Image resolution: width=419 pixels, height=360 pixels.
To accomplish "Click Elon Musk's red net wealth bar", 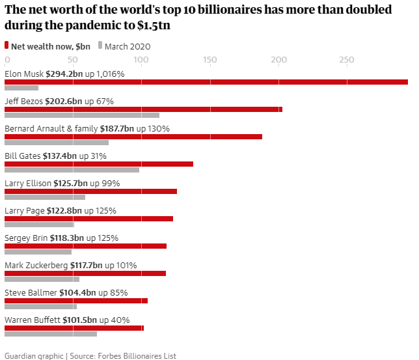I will tap(206, 82).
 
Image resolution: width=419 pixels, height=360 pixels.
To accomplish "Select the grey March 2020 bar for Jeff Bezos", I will tap(82, 115).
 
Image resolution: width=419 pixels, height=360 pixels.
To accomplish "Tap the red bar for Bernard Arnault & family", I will tap(133, 137).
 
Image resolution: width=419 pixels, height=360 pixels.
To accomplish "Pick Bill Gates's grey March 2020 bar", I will tap(72, 170).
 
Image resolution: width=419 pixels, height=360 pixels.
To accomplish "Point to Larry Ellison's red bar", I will tap(90, 191).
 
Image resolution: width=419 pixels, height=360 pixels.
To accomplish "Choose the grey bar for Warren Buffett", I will tap(51, 334).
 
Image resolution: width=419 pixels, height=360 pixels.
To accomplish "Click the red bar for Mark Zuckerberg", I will tap(85, 273).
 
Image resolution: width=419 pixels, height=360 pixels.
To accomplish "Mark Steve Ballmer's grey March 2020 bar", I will tap(40, 307).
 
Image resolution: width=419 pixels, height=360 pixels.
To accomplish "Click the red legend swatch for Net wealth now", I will tap(7, 46).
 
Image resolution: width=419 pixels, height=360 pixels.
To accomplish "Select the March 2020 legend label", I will tap(128, 46).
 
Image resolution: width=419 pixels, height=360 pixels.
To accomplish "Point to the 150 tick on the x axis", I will tap(209, 60).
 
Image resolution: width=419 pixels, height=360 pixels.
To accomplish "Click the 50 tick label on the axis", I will tap(73, 60).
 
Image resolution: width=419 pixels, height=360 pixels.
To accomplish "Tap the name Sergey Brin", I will tap(26, 238).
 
